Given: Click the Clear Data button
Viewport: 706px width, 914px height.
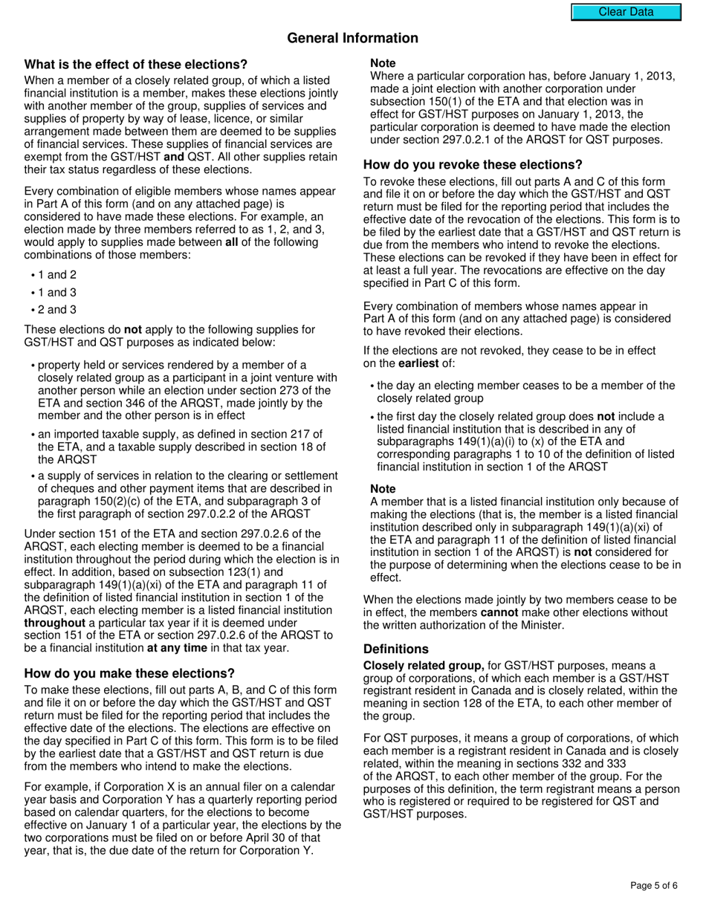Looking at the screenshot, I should click(626, 12).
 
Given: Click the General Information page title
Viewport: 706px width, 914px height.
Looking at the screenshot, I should click(352, 38).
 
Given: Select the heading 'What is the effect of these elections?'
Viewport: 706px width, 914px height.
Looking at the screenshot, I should click(136, 65).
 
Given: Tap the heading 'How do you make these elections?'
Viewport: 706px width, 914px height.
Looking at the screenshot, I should click(129, 673).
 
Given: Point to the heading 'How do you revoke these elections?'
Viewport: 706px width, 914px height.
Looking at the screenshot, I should click(473, 165).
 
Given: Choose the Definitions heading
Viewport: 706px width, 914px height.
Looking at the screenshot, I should click(395, 649).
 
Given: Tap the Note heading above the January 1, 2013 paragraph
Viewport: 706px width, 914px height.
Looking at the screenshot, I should click(383, 63).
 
